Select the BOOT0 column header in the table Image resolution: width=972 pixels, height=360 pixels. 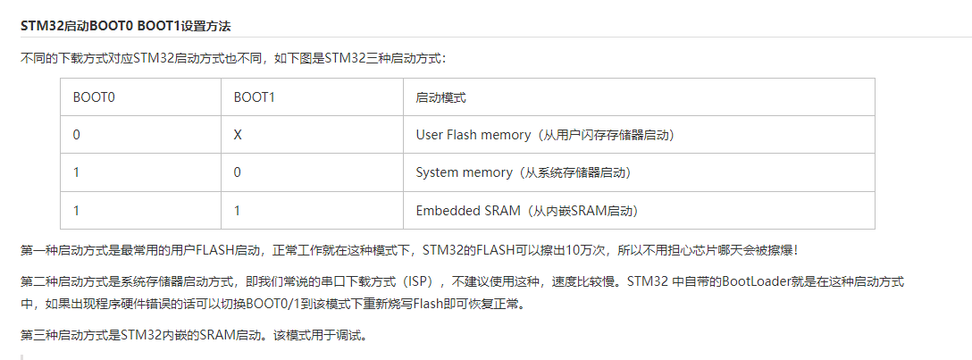[94, 97]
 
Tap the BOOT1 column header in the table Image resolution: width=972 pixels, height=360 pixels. [254, 97]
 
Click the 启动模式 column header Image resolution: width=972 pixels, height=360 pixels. [440, 97]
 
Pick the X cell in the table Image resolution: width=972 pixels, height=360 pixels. [238, 135]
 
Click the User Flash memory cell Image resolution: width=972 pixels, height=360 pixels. [544, 135]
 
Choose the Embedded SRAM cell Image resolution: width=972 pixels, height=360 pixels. [526, 211]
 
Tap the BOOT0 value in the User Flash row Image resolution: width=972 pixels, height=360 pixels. [77, 135]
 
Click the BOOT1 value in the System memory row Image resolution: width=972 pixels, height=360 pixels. [238, 172]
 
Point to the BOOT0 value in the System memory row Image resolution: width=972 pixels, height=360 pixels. [77, 172]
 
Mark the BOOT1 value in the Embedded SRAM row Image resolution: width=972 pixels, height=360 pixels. [238, 211]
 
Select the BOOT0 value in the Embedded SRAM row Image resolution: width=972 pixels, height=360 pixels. [77, 211]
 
